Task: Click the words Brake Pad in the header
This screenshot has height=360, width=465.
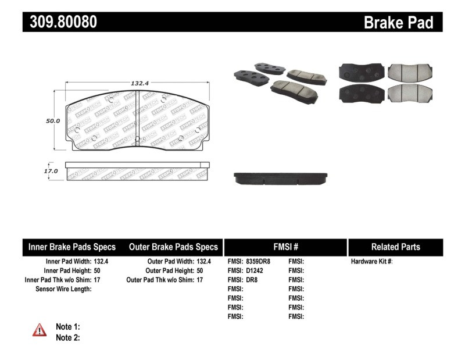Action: tap(398, 22)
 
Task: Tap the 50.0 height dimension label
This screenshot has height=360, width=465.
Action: tap(53, 121)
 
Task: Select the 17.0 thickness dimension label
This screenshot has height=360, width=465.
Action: tap(51, 171)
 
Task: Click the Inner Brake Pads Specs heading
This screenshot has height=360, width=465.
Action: tap(72, 247)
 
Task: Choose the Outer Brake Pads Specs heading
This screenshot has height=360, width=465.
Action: tap(173, 247)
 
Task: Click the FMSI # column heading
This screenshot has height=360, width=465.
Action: tap(285, 247)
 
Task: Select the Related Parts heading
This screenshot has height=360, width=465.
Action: tap(395, 247)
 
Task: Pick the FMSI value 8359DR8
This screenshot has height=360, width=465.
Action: tap(258, 262)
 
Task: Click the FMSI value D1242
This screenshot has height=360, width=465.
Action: tap(254, 271)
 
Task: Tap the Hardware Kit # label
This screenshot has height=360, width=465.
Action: tap(372, 262)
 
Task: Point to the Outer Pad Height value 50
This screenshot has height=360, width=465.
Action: tap(201, 271)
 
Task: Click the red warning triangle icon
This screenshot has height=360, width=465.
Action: tap(39, 330)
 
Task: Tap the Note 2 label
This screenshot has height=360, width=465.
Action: tap(67, 337)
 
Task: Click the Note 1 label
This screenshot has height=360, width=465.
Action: tap(67, 327)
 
